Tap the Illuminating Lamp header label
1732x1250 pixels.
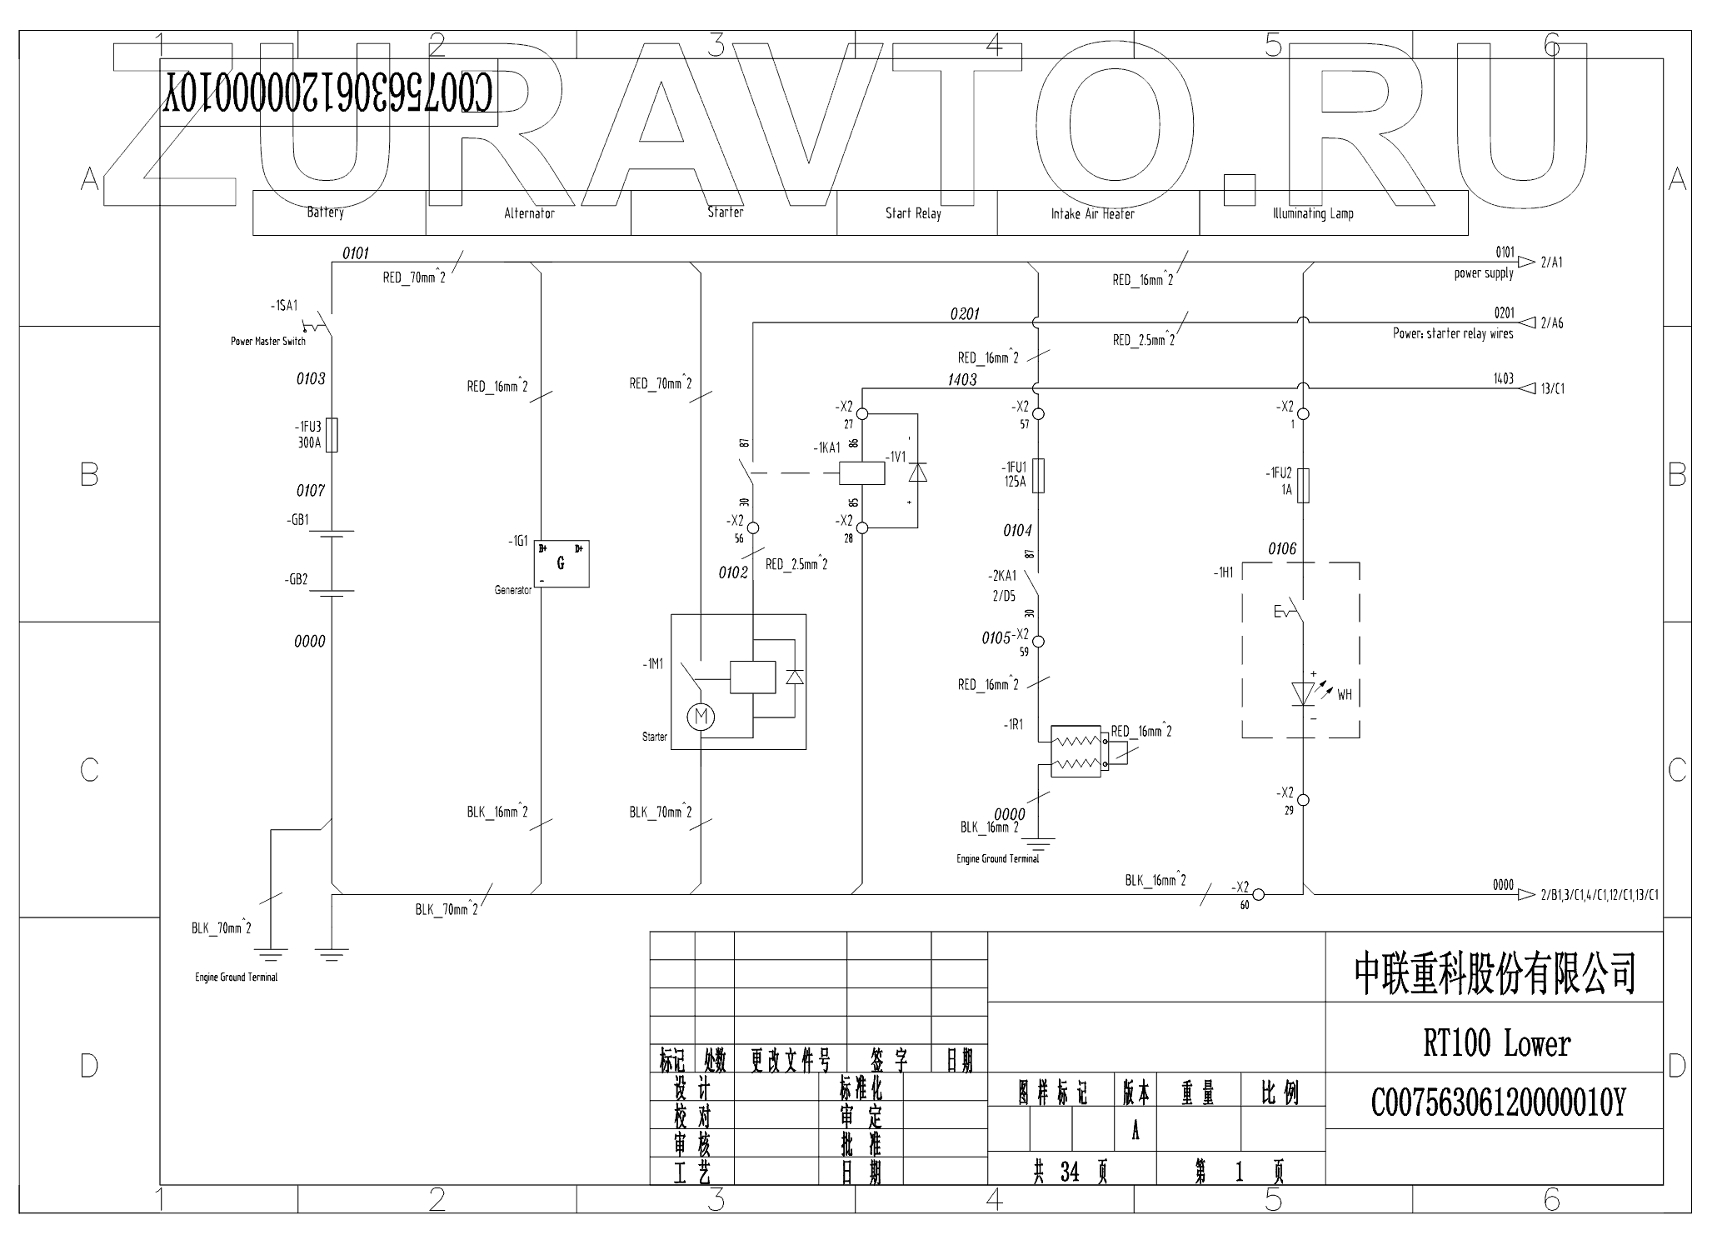tap(1312, 213)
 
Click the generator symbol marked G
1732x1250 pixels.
tap(561, 564)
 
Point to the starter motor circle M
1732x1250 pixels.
tap(701, 716)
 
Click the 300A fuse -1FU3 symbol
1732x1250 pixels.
tap(332, 435)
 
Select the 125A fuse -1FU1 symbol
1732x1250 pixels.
tap(1038, 475)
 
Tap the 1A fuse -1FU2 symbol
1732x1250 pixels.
tap(1304, 485)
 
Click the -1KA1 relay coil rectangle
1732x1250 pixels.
tap(861, 472)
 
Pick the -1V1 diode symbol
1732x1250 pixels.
tap(917, 472)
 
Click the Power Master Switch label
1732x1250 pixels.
tap(267, 341)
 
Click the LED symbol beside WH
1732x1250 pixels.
tap(1302, 692)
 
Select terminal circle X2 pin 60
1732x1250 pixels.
tap(1259, 895)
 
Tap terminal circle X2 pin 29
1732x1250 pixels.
tap(1304, 800)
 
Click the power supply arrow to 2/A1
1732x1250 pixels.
tap(1525, 262)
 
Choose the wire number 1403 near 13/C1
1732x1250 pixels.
tap(1503, 379)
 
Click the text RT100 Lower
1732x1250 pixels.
tap(1496, 1043)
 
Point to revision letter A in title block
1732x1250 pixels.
tap(1135, 1131)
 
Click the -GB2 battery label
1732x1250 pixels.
tap(297, 580)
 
